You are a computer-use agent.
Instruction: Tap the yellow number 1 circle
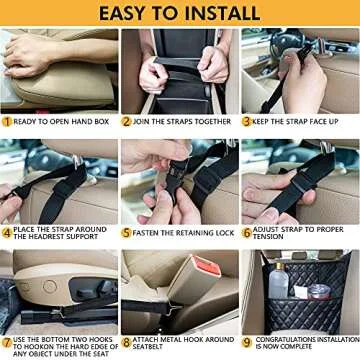point(7,121)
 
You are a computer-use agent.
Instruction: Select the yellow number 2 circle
point(127,121)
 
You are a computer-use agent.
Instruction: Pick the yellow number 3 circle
point(247,121)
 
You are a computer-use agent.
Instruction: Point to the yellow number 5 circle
point(127,232)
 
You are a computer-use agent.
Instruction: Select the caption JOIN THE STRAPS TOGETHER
point(183,121)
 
